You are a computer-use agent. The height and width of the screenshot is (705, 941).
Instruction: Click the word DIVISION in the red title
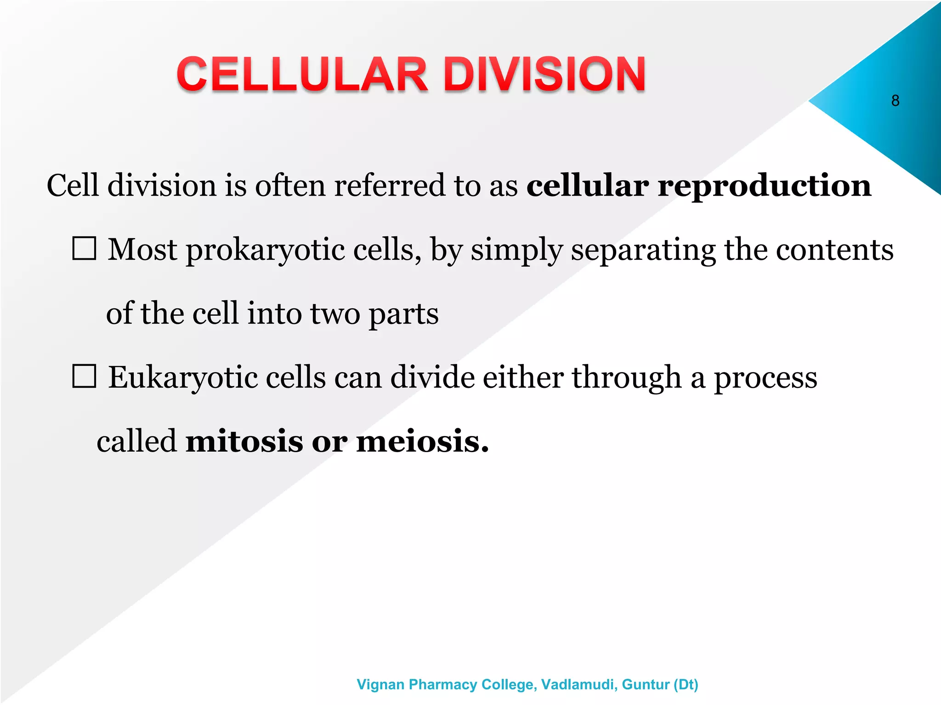click(544, 74)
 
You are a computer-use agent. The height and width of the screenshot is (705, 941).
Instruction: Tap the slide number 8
click(895, 101)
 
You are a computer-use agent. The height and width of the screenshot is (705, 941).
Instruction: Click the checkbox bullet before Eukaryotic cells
click(85, 376)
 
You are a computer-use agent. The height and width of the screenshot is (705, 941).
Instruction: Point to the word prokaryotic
click(265, 250)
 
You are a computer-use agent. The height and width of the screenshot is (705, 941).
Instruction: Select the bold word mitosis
click(244, 441)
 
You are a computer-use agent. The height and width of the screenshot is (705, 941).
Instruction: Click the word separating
click(643, 250)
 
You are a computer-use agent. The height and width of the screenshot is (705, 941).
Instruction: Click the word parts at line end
click(403, 314)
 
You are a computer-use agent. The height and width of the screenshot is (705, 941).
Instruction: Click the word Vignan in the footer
click(380, 684)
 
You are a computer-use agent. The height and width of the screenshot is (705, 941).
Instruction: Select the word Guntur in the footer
click(645, 684)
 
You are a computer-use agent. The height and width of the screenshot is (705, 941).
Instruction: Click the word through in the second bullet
click(626, 378)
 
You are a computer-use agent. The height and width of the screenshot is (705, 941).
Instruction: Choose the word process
click(765, 378)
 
